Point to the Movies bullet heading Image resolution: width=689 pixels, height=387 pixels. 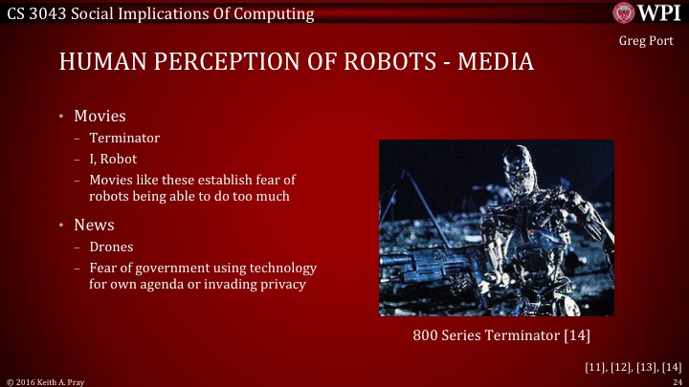[x=100, y=117]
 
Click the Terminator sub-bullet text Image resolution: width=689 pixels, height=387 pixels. [x=124, y=139]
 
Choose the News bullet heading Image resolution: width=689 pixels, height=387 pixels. [x=95, y=226]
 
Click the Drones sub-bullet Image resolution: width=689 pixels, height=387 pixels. [x=111, y=247]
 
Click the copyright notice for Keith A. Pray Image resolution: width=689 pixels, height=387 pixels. [x=46, y=381]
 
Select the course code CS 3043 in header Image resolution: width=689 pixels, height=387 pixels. [x=33, y=11]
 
